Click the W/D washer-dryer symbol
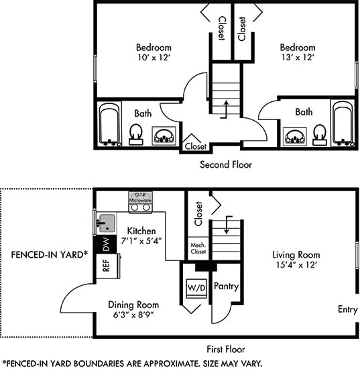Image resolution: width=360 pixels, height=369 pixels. (x=196, y=288)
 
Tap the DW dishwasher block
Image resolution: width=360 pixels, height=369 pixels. (x=107, y=244)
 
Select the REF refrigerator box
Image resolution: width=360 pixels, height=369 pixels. (x=107, y=266)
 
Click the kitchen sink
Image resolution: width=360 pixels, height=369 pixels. (x=107, y=223)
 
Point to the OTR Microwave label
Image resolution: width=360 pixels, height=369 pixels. (x=140, y=198)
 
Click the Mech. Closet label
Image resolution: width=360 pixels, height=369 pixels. (x=198, y=248)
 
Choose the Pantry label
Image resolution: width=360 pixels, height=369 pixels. (x=226, y=286)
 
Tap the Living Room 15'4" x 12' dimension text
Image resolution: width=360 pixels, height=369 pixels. (x=296, y=265)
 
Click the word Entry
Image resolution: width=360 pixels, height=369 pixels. (x=348, y=309)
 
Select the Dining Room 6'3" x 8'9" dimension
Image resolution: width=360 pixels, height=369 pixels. (x=133, y=315)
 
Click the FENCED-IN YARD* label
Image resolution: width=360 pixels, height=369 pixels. (x=50, y=254)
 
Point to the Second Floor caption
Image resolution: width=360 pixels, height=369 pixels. (x=226, y=164)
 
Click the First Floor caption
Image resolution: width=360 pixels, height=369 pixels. (x=226, y=350)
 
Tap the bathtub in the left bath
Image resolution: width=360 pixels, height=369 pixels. (x=109, y=125)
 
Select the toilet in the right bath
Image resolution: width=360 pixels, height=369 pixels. (x=320, y=135)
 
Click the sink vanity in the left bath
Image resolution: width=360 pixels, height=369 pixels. (x=164, y=136)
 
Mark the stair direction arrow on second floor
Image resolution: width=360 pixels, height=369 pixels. (x=225, y=109)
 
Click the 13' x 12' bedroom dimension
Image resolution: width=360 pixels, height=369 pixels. (x=298, y=57)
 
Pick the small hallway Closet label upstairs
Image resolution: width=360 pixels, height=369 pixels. (x=195, y=146)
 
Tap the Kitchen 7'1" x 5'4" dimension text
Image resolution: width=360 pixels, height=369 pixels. (x=141, y=241)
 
